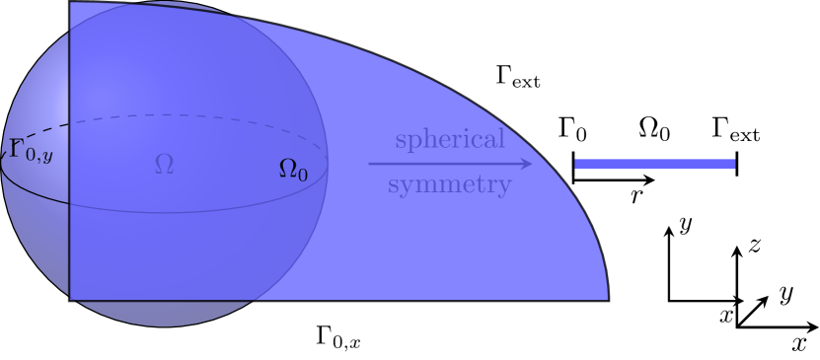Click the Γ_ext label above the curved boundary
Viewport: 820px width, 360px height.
(x=518, y=77)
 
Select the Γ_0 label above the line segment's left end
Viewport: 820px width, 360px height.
(x=573, y=129)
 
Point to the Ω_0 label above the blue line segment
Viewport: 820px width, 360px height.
(x=655, y=129)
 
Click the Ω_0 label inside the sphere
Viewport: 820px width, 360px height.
(x=293, y=171)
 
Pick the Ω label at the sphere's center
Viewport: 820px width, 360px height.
(x=164, y=165)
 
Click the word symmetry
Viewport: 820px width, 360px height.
(x=449, y=184)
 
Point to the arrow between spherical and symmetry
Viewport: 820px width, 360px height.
(x=451, y=162)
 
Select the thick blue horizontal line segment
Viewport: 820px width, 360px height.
(x=655, y=163)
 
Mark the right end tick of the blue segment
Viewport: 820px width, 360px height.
(x=737, y=163)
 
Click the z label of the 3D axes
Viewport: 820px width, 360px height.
(x=754, y=247)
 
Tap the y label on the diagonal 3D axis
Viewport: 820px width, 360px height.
(x=786, y=293)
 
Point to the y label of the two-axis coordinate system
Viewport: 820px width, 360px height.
(x=684, y=224)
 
